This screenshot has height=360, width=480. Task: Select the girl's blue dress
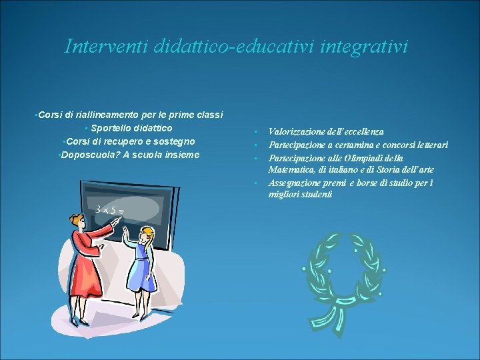[142, 267]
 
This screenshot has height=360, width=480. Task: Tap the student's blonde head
[147, 235]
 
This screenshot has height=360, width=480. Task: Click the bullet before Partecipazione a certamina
[255, 145]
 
